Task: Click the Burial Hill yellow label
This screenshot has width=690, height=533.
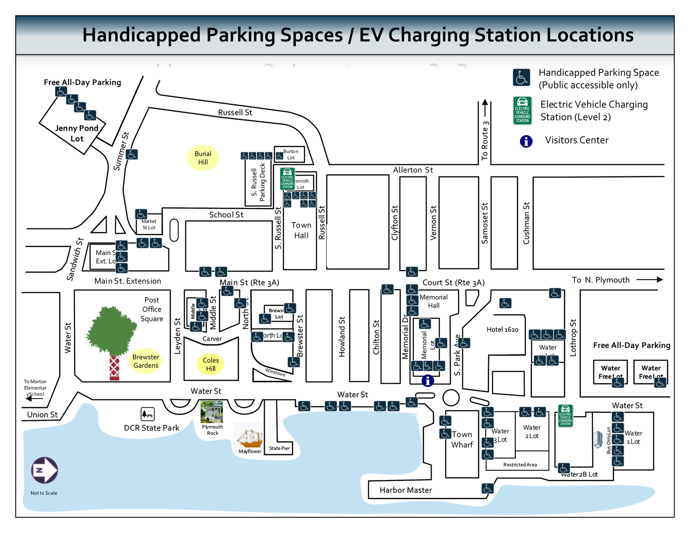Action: (x=203, y=158)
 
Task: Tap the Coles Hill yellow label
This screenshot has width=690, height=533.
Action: (x=210, y=364)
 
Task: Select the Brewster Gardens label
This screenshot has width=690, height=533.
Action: (x=146, y=361)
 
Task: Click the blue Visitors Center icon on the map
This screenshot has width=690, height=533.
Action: (x=427, y=381)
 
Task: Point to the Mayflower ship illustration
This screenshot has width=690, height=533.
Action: (x=250, y=439)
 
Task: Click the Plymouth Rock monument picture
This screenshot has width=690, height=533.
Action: (x=212, y=412)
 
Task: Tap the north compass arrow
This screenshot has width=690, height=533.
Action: (x=44, y=470)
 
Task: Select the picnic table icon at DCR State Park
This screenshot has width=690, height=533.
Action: (x=147, y=414)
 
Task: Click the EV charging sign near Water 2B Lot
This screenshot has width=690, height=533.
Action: (x=565, y=416)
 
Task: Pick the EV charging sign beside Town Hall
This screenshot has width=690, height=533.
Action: (x=287, y=179)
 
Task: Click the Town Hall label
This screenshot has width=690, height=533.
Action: (x=301, y=230)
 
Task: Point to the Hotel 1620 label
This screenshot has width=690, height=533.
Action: (x=502, y=329)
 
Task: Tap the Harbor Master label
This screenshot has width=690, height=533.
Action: (x=405, y=490)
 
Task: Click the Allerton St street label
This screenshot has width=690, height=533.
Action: (x=413, y=170)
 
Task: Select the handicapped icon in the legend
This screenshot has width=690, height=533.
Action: (x=521, y=78)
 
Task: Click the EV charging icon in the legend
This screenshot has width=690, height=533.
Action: (x=522, y=110)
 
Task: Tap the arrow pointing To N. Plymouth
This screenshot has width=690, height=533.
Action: (x=649, y=280)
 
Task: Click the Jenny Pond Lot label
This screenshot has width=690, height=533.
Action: (x=77, y=133)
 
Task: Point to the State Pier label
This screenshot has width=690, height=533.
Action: (x=279, y=448)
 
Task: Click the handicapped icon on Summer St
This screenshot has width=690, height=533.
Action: (x=132, y=154)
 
